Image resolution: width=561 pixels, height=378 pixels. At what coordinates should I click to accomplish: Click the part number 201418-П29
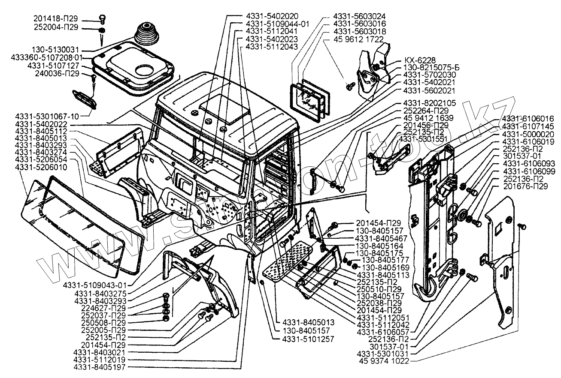pos(56,19)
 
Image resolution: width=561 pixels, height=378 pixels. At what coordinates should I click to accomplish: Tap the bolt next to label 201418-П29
pos(103,18)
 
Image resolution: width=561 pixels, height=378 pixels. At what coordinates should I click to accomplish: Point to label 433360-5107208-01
pos(47,57)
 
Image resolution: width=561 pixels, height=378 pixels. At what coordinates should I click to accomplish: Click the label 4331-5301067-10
pos(47,117)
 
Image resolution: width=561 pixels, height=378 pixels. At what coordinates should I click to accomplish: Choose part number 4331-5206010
pos(41,167)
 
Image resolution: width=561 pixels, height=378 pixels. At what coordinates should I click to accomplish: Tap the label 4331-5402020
pos(272,16)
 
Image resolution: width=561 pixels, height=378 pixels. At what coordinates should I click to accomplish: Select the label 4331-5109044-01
pos(277,24)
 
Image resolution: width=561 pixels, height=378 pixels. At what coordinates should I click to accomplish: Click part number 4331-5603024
pos(359,16)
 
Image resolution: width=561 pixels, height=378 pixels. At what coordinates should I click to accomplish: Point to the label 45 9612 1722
pos(358,39)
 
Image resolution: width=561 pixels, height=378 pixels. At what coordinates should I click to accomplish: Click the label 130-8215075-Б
pos(431,68)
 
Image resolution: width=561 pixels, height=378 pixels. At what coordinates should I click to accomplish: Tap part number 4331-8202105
pos(430,103)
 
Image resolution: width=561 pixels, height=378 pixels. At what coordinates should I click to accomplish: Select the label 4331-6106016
pos(528,118)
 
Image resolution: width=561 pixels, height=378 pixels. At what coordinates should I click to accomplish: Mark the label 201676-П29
pos(525,186)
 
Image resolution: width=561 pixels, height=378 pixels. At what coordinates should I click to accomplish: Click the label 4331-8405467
pos(381,238)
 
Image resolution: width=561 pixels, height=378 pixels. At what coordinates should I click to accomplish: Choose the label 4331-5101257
pos(308,339)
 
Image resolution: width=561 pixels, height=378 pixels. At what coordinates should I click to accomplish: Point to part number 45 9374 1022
pos(384,361)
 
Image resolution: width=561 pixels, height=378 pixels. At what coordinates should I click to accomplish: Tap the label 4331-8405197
pos(100,367)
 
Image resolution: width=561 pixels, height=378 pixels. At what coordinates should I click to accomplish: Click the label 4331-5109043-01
pos(95,285)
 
